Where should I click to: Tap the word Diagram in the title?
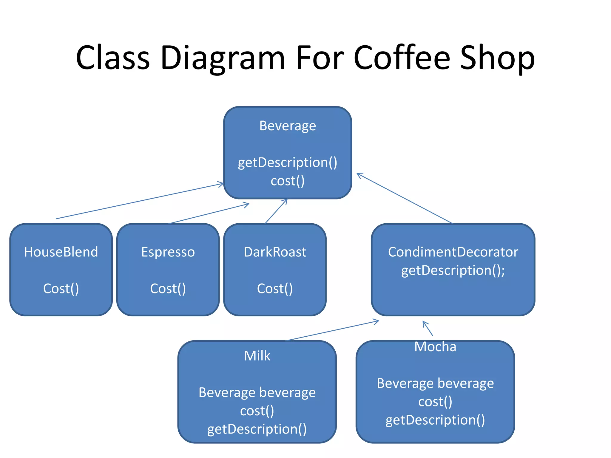223,58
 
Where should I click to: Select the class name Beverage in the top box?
288,126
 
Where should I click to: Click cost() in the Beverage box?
288,181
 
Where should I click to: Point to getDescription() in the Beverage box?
288,163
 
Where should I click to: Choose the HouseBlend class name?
61,252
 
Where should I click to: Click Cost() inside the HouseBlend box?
61,289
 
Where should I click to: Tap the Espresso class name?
168,252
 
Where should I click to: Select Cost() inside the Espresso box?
168,289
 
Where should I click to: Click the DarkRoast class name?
275,252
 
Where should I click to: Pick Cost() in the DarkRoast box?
275,289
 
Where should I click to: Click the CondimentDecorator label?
453,252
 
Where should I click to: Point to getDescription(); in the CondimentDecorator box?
453,270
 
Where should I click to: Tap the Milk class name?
257,356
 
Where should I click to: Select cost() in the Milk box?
257,411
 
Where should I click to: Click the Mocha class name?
435,347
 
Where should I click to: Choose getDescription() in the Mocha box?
435,420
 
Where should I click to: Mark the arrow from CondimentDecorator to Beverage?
405,198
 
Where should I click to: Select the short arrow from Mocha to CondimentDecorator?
428,329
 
